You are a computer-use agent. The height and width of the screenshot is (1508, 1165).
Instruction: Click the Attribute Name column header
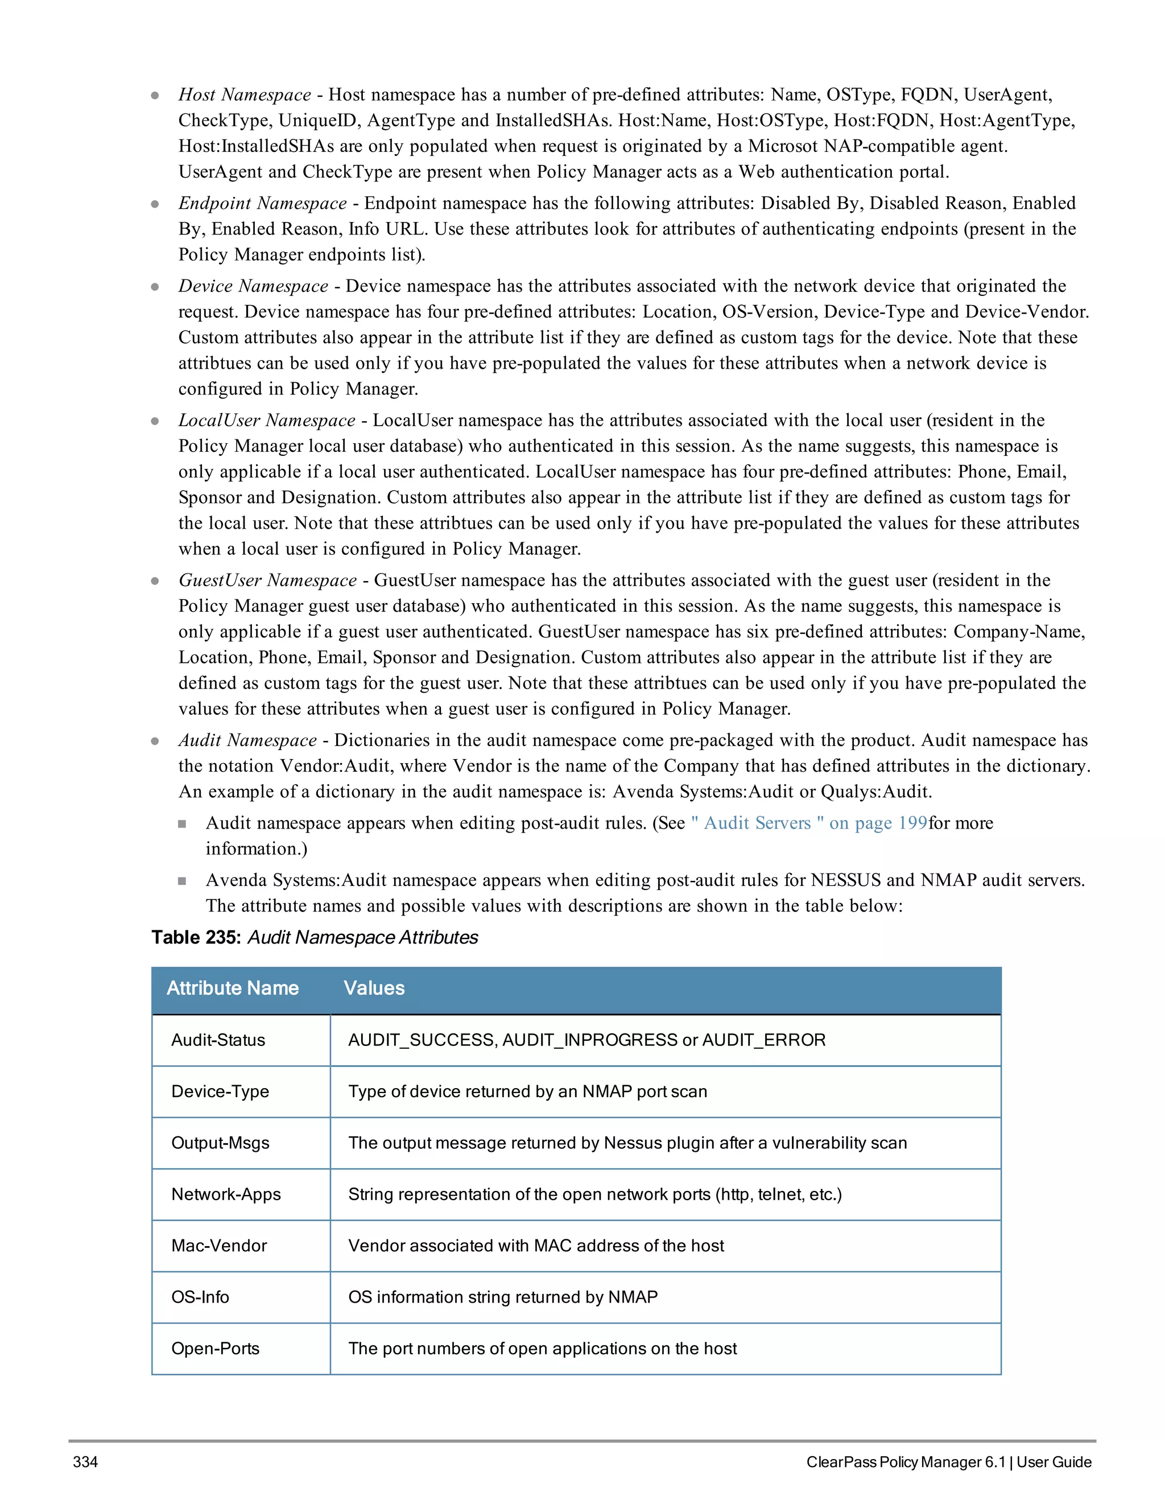[233, 988]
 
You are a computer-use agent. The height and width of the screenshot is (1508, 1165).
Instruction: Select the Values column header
[374, 988]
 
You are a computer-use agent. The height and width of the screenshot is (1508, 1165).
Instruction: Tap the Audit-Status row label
[218, 1040]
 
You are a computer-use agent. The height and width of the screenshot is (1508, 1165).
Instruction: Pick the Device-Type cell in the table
[220, 1091]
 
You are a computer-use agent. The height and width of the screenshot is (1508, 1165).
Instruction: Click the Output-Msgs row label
[220, 1143]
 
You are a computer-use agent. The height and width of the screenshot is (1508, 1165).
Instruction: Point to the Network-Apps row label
[226, 1194]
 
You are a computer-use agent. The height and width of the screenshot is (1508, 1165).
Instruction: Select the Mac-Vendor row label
[219, 1246]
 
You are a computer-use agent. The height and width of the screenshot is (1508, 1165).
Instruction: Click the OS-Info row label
[200, 1297]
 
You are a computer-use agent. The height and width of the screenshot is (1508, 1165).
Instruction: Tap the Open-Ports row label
[216, 1349]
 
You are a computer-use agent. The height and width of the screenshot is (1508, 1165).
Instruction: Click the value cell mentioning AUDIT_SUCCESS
[586, 1040]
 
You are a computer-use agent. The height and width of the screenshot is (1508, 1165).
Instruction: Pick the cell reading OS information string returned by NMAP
[502, 1297]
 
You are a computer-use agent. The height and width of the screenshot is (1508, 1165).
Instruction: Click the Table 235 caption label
[315, 938]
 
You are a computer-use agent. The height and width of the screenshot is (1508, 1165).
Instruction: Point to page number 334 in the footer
[85, 1462]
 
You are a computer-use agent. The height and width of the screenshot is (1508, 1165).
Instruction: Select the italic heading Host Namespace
[244, 94]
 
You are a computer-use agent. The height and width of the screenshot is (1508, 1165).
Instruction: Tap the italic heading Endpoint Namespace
[262, 203]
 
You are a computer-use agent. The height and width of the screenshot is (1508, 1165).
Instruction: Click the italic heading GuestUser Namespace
[267, 580]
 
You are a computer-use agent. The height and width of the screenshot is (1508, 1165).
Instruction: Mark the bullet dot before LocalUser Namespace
[155, 421]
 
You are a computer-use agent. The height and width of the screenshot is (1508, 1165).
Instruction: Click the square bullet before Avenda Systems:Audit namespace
[182, 881]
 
